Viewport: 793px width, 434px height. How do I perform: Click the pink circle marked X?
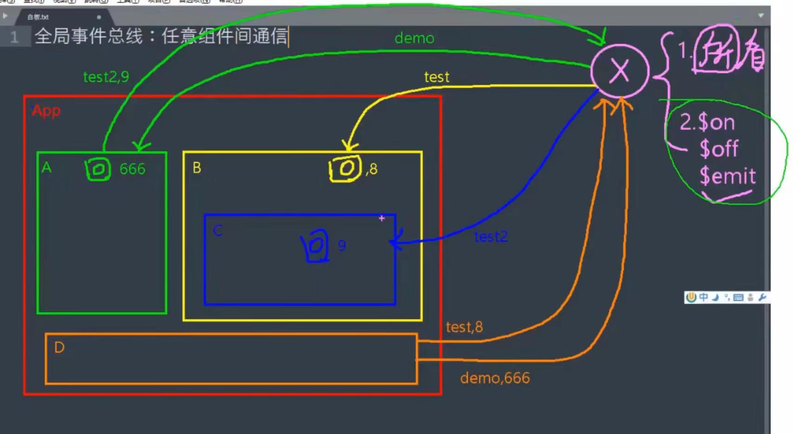click(x=619, y=72)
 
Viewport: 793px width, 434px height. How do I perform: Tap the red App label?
click(x=46, y=111)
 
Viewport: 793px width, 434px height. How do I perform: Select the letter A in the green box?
click(x=46, y=167)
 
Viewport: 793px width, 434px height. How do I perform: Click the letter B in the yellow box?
click(x=197, y=168)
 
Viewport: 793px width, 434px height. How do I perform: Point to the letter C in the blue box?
click(x=218, y=230)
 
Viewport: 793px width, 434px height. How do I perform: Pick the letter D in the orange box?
click(x=59, y=347)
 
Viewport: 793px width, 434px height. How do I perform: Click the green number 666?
click(x=132, y=169)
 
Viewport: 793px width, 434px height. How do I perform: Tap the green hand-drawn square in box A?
click(x=98, y=169)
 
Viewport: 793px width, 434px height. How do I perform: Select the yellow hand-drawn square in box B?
click(x=345, y=168)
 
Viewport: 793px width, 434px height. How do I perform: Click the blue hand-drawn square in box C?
click(x=316, y=245)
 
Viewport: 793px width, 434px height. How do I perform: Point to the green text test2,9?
click(x=106, y=77)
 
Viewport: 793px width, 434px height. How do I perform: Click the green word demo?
click(x=414, y=38)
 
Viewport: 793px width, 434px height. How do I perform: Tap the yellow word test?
click(x=437, y=77)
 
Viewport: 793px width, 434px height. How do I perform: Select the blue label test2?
click(x=491, y=237)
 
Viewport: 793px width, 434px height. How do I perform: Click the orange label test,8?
click(x=464, y=327)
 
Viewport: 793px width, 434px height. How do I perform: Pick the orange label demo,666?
click(x=495, y=378)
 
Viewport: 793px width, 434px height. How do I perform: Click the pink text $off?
click(x=719, y=149)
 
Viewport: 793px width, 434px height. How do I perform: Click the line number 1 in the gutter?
click(x=14, y=37)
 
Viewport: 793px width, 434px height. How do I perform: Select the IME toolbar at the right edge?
click(x=726, y=297)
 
